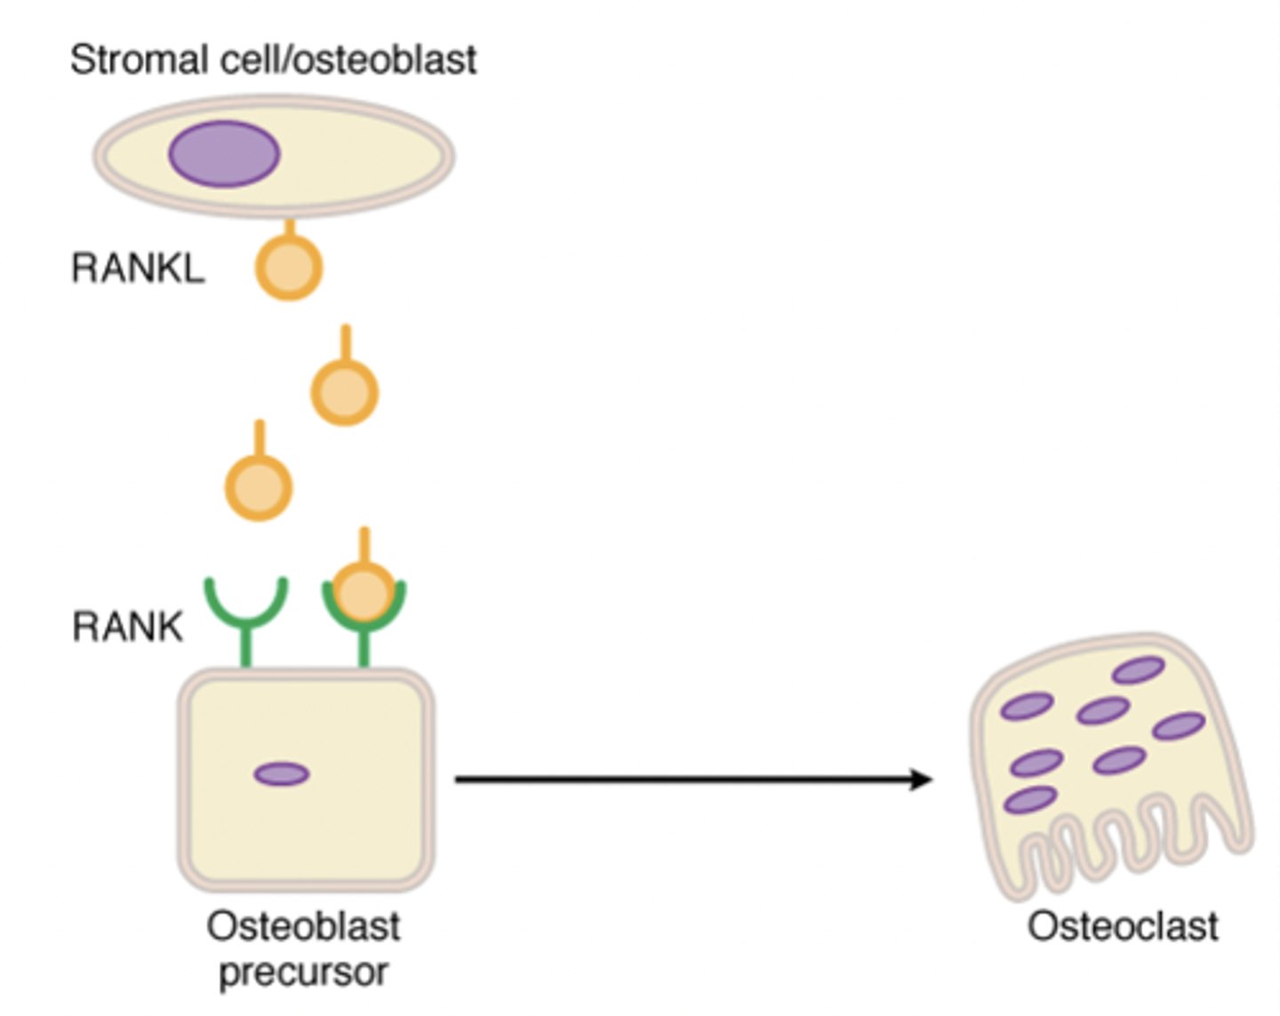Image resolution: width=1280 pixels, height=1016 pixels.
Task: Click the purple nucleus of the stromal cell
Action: click(224, 154)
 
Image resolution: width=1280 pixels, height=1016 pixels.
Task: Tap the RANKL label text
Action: click(138, 268)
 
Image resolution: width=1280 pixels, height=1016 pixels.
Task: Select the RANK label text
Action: click(127, 627)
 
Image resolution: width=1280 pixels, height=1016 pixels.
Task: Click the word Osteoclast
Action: click(1123, 927)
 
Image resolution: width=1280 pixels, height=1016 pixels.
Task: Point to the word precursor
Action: click(303, 972)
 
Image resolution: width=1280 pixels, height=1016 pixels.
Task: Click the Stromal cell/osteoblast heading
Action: click(274, 60)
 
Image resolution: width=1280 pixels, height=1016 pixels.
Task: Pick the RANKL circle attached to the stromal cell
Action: click(289, 267)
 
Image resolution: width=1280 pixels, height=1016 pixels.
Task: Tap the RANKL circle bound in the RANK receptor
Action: click(363, 591)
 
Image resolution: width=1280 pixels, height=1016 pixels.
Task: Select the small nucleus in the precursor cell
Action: click(282, 774)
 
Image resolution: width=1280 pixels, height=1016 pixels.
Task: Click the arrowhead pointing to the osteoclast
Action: click(921, 780)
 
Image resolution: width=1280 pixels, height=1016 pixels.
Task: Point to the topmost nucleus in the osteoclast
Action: click(1139, 669)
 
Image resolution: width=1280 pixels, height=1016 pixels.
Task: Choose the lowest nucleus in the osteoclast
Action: click(1030, 799)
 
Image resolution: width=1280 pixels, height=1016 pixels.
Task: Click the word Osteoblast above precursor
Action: click(303, 927)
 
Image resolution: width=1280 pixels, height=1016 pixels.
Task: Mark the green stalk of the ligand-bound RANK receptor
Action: click(364, 647)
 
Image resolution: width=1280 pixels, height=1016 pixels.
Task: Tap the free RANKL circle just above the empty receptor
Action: click(259, 487)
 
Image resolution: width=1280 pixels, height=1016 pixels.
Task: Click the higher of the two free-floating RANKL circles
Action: click(345, 392)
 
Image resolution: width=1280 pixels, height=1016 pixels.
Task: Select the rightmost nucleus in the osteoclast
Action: click(1179, 726)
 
